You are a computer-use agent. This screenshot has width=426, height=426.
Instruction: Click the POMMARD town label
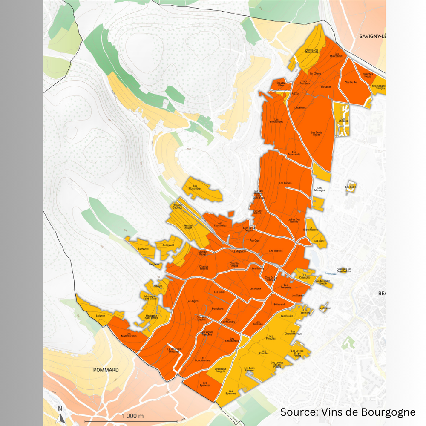[x=106, y=370]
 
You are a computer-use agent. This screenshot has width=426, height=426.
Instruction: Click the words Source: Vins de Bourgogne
[x=348, y=412]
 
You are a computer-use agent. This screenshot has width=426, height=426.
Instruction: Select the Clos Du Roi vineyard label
[x=351, y=82]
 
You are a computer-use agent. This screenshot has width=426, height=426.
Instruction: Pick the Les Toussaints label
[x=294, y=154]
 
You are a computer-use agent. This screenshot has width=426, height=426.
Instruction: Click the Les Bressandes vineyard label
[x=276, y=121]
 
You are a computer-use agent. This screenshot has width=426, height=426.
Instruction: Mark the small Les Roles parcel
[x=351, y=187]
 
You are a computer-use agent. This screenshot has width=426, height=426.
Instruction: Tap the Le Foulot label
[x=319, y=241]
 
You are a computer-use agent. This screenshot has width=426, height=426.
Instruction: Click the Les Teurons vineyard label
[x=276, y=251]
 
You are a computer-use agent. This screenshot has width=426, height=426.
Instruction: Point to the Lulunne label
[x=100, y=316]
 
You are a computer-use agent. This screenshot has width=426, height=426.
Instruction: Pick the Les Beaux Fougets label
[x=220, y=370]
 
